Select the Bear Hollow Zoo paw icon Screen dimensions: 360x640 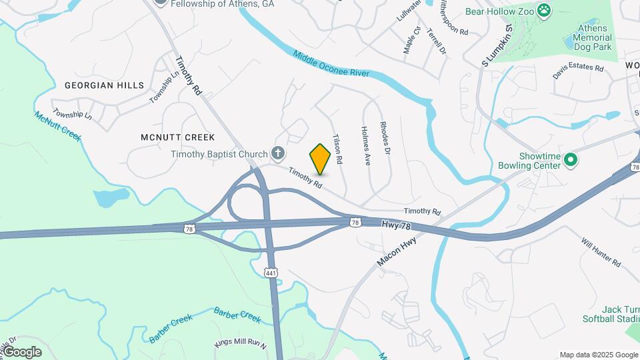(x=545, y=10)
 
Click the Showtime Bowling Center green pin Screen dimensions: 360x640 (x=570, y=160)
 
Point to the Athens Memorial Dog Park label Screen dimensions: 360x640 (x=593, y=38)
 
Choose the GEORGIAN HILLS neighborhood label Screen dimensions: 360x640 (x=104, y=85)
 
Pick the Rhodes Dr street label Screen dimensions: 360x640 (x=384, y=138)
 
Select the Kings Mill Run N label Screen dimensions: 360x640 (x=240, y=344)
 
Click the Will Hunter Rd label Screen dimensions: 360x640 (x=601, y=252)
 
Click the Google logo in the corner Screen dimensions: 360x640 (x=22, y=351)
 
